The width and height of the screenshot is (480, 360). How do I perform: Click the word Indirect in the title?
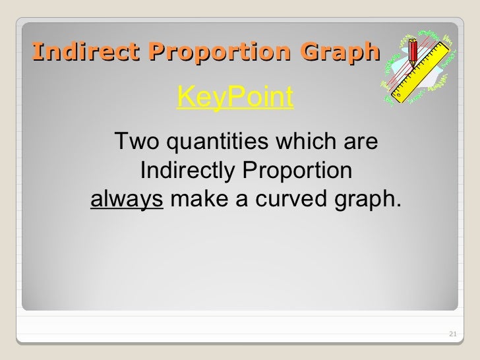pyautogui.click(x=72, y=51)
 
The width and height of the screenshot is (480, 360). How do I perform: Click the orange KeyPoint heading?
pyautogui.click(x=235, y=99)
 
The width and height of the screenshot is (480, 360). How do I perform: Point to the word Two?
pyautogui.click(x=138, y=141)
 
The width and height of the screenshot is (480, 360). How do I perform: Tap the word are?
pyautogui.click(x=360, y=141)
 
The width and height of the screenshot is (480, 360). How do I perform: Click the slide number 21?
pyautogui.click(x=452, y=335)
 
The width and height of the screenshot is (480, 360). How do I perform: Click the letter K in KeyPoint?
pyautogui.click(x=185, y=99)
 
